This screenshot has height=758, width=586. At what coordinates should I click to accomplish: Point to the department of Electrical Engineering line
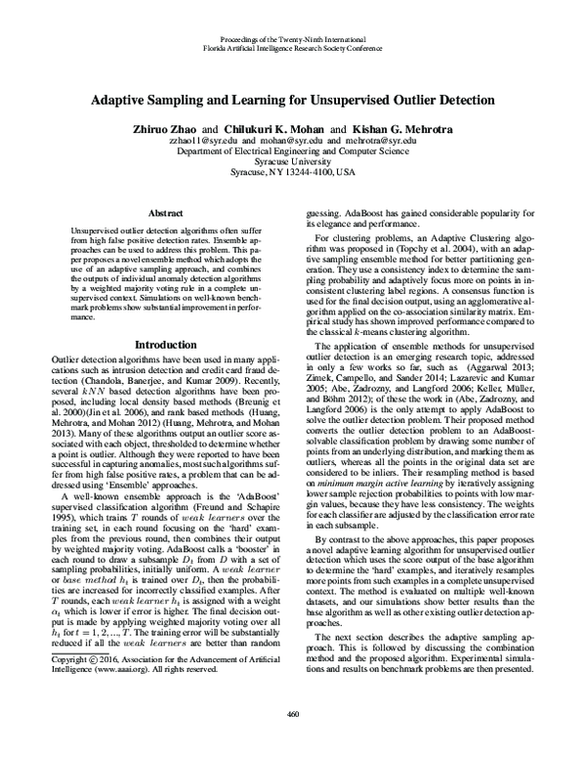tap(292, 150)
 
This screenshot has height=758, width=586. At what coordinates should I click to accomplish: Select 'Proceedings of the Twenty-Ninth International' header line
tap(292, 36)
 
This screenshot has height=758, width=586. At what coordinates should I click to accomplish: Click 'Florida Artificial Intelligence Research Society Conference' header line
tap(292, 46)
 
